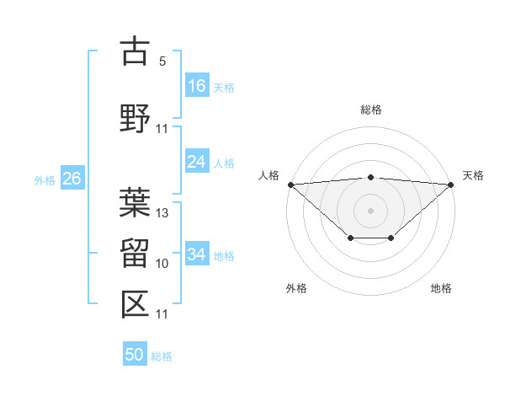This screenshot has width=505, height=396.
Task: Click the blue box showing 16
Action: [197, 86]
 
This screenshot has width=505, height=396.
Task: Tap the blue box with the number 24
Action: [197, 162]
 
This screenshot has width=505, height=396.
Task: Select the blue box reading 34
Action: [197, 254]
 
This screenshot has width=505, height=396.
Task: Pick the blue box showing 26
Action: [72, 179]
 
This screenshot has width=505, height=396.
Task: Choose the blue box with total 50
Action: [135, 355]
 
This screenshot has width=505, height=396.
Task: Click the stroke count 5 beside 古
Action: [162, 62]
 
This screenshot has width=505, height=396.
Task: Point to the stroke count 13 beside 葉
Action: [163, 213]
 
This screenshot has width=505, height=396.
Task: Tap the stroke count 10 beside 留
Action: [163, 264]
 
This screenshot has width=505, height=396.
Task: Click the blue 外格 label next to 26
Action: [45, 179]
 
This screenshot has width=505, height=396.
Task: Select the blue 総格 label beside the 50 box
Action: [162, 356]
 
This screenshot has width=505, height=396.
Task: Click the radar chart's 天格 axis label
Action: [474, 175]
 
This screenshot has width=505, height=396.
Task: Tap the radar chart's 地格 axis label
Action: [441, 288]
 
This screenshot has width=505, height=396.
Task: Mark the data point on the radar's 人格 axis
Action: [290, 184]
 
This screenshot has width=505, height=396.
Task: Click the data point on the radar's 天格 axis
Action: [451, 184]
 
